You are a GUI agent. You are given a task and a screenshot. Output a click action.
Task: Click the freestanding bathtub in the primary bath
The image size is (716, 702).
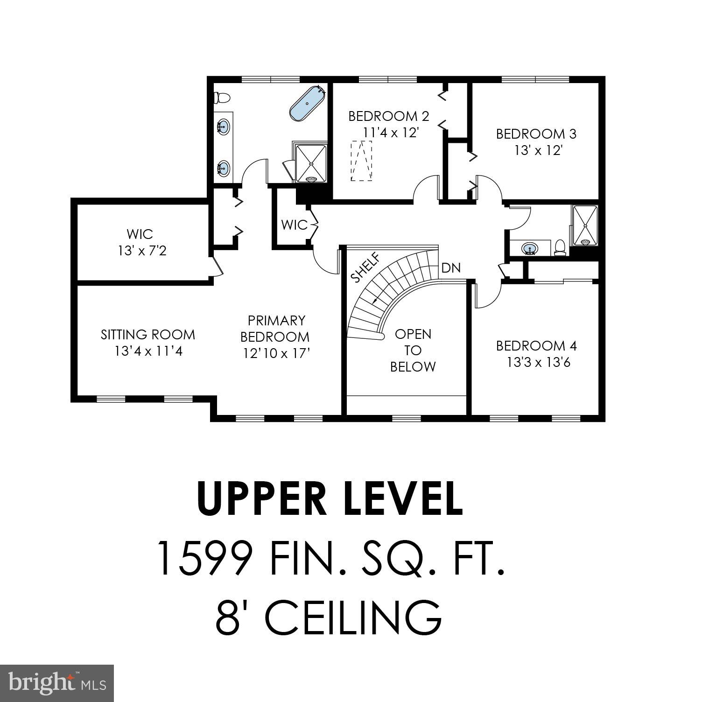tap(307, 103)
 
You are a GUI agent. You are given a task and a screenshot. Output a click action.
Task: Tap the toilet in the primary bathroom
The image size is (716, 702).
tap(222, 98)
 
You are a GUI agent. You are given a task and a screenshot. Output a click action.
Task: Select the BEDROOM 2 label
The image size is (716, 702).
tap(389, 116)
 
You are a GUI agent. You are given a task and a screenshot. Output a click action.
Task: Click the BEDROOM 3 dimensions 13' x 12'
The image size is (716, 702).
tap(538, 151)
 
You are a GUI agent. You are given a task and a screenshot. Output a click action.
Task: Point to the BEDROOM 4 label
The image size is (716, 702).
tap(536, 346)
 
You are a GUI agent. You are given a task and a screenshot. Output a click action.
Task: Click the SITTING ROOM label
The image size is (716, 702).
tap(148, 335)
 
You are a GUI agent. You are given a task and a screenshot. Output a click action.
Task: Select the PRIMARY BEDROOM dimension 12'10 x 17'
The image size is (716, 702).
tap(276, 353)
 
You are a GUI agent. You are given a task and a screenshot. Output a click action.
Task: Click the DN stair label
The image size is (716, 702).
tap(451, 268)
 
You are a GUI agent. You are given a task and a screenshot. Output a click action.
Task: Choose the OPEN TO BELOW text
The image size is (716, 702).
tap(413, 351)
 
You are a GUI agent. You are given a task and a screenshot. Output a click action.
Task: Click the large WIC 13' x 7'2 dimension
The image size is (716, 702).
tap(142, 251)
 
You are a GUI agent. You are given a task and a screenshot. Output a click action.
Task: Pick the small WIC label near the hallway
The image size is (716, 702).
tap(294, 225)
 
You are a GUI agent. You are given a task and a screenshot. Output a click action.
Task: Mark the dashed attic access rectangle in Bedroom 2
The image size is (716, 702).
tap(362, 161)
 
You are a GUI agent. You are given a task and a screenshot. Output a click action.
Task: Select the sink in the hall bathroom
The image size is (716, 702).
tap(529, 248)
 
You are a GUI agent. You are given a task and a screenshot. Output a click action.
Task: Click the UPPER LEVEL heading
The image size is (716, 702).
tap(330, 498)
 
